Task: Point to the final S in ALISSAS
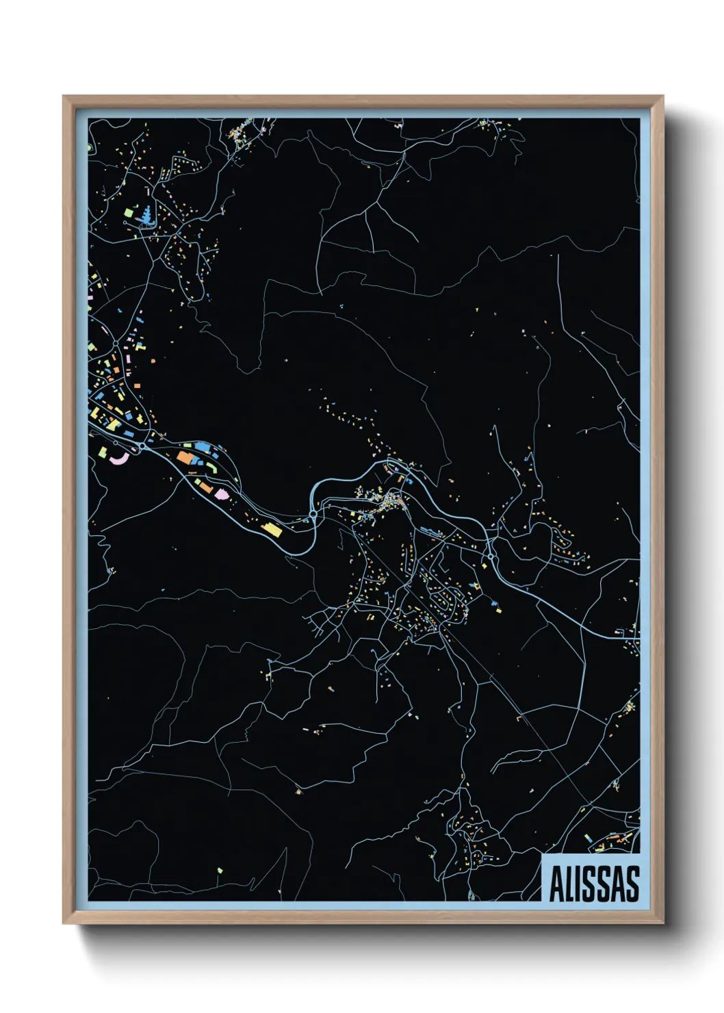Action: coord(632,884)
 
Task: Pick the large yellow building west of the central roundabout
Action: coord(272,529)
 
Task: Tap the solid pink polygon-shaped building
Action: coord(222,493)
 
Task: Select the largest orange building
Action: coord(185,457)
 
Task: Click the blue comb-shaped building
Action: coord(146,216)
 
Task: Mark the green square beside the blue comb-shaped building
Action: coord(128,213)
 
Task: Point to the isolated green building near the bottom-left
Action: coord(220,871)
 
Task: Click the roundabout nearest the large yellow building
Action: coord(313,513)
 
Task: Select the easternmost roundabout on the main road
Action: coord(491,559)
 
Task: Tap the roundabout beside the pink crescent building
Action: coord(140,446)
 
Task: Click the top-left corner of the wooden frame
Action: coord(64,97)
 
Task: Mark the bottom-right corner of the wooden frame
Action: coord(663,923)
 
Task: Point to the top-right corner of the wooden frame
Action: coord(663,97)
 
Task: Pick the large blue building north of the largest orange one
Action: coord(203,446)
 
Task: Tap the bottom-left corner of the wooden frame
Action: coord(64,923)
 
